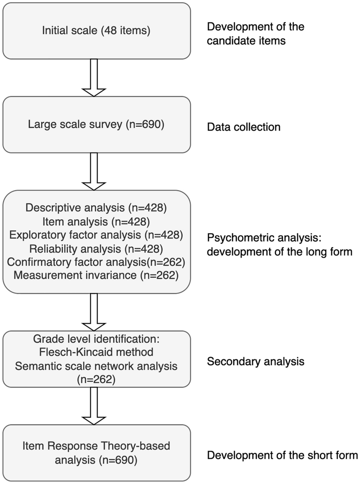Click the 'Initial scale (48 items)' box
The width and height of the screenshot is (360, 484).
coord(96,31)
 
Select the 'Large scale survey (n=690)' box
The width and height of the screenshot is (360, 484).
coord(96,125)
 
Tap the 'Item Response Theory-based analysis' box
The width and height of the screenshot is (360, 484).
coord(96,452)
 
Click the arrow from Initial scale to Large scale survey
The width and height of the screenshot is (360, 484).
coord(94,77)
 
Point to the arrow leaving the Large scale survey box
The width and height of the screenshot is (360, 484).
coord(94,171)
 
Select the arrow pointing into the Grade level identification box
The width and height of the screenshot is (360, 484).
coord(94,312)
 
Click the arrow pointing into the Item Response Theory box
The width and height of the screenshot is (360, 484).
coord(94,405)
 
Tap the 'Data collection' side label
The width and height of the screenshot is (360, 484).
coord(243,127)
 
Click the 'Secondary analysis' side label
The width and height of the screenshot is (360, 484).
coord(255,362)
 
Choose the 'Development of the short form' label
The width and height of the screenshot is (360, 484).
coord(282,456)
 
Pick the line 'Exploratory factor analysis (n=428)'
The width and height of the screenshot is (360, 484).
coord(95,236)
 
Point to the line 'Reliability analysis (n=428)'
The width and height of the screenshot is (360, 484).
coord(96,249)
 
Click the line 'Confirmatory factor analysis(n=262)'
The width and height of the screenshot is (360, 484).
coord(96,262)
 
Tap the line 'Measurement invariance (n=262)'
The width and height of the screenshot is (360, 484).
coord(96,275)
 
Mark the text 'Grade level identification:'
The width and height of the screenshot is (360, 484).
coord(96,341)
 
